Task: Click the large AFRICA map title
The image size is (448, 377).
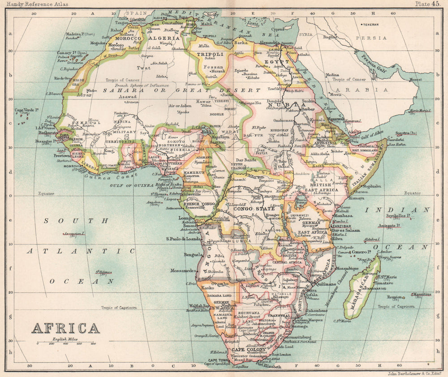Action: tap(65, 329)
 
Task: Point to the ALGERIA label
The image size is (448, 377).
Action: tap(165, 39)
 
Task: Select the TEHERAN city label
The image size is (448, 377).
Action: tap(370, 24)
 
